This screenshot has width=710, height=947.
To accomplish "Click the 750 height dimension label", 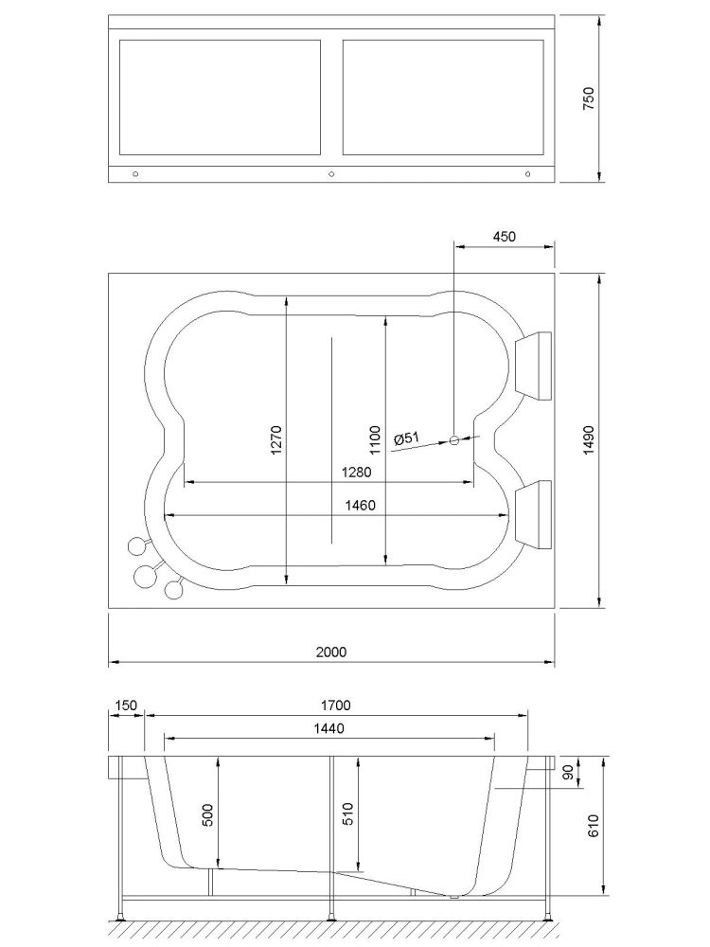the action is [x=589, y=98].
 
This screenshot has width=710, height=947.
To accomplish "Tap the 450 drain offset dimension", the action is [x=505, y=236].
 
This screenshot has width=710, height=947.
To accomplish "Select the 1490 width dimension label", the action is [x=589, y=440].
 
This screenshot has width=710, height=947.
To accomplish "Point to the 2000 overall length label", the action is [x=331, y=652].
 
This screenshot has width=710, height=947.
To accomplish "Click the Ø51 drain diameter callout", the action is [x=406, y=438].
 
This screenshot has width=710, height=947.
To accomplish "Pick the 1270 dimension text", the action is [x=275, y=440].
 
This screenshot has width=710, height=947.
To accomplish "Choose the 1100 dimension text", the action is [x=375, y=440].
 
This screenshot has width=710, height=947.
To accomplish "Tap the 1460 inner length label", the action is [x=360, y=505].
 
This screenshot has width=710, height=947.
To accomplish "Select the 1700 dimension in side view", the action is [x=336, y=705].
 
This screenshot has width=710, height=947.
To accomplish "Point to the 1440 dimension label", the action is [x=329, y=728].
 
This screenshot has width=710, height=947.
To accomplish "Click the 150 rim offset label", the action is [x=126, y=705].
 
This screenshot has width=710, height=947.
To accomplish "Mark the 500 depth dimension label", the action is [x=207, y=814].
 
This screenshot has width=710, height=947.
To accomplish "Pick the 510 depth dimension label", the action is [x=347, y=813].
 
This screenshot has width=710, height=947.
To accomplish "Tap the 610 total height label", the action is [x=593, y=826].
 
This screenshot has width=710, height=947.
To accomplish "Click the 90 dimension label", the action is [x=567, y=773].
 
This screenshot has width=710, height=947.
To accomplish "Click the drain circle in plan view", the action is [x=454, y=440].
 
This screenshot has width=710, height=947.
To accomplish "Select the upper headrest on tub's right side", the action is [x=533, y=366].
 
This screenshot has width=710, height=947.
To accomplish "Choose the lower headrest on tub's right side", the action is [x=533, y=515].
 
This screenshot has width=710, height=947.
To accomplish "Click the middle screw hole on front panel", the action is [x=331, y=174].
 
